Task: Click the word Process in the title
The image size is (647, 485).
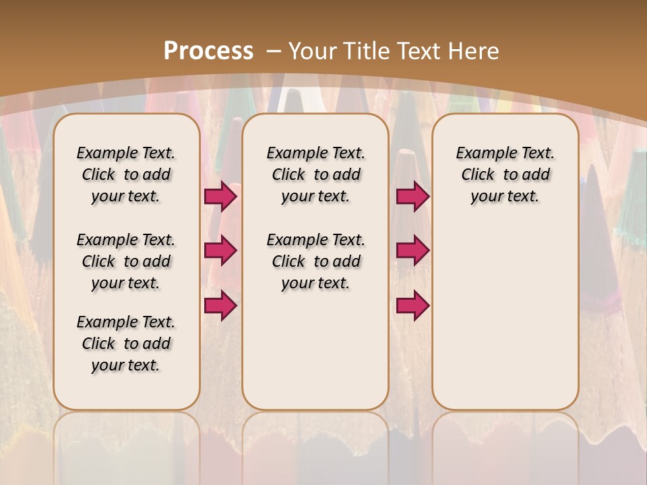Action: pyautogui.click(x=208, y=51)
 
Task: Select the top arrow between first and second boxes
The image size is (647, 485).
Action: pyautogui.click(x=220, y=196)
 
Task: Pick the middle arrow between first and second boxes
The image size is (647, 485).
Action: pyautogui.click(x=220, y=251)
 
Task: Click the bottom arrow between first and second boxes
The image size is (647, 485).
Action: pyautogui.click(x=220, y=305)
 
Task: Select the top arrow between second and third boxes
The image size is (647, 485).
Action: pyautogui.click(x=412, y=196)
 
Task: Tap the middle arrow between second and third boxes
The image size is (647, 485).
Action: pyautogui.click(x=412, y=251)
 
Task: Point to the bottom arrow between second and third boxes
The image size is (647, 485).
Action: pyautogui.click(x=412, y=305)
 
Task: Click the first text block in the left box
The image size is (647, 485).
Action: pyautogui.click(x=126, y=174)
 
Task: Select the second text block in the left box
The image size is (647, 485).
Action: pyautogui.click(x=126, y=261)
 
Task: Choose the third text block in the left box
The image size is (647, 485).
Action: pyautogui.click(x=126, y=344)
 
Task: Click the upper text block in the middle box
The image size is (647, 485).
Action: pyautogui.click(x=315, y=174)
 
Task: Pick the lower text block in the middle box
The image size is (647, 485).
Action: pyautogui.click(x=315, y=261)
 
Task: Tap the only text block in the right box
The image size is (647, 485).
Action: pyautogui.click(x=505, y=174)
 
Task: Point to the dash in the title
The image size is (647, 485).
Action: pyautogui.click(x=274, y=51)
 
